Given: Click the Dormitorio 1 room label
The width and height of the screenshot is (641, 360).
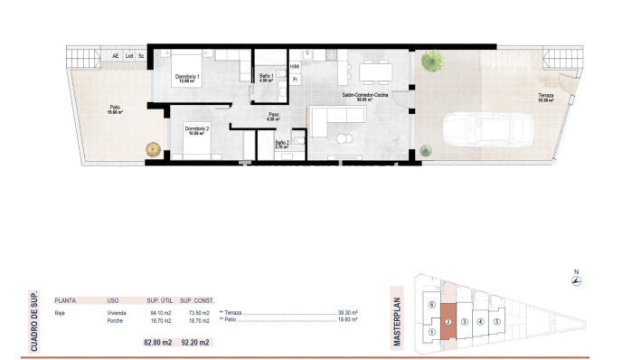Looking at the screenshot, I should [187, 78].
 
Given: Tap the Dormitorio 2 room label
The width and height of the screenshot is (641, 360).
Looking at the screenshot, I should [197, 130].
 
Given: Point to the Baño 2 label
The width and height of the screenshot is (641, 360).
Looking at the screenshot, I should [282, 143].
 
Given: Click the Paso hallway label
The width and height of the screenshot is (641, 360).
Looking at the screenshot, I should [273, 115].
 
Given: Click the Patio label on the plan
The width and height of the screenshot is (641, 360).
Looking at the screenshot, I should [115, 109].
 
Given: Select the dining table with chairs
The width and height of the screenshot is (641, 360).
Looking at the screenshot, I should [372, 71].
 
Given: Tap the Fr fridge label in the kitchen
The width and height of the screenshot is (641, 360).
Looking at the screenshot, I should [295, 80].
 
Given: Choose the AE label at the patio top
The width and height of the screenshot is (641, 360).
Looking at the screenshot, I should [115, 57].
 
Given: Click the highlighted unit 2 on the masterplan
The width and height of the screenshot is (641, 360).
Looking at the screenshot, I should [448, 321].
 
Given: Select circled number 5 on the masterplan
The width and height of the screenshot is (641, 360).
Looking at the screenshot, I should [496, 321].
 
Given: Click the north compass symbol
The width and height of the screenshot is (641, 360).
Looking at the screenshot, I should [576, 280].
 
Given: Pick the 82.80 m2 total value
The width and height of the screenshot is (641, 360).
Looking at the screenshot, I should [157, 342].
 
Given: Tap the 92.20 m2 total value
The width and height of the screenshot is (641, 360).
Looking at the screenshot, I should [194, 342].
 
